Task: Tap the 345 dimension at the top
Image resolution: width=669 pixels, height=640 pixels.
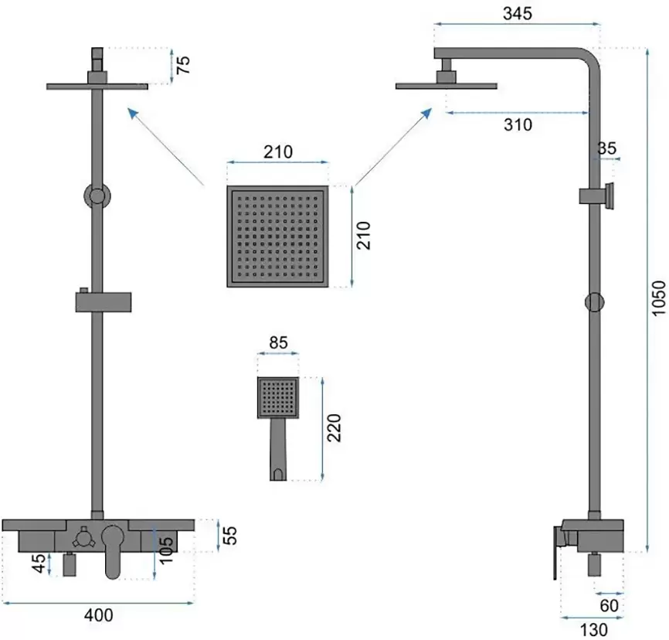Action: [518, 14]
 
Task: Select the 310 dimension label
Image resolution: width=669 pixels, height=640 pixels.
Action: [518, 124]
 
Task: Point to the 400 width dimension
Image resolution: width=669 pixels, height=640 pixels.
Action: [99, 615]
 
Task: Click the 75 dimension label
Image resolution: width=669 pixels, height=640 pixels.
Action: [183, 65]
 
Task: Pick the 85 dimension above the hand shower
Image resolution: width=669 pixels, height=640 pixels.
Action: [278, 343]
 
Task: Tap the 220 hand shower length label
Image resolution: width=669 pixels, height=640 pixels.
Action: [334, 427]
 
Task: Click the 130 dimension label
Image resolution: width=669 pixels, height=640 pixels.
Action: [593, 630]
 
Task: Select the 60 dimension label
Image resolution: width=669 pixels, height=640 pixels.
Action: [609, 606]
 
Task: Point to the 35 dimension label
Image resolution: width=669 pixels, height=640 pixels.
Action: [606, 148]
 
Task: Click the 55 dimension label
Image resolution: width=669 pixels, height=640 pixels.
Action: [229, 536]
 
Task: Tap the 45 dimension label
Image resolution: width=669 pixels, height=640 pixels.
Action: [39, 563]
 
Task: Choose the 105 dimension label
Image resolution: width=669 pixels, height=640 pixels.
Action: [166, 550]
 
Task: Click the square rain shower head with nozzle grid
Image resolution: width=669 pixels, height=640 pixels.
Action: [278, 236]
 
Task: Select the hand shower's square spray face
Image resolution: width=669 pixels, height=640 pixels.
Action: [278, 398]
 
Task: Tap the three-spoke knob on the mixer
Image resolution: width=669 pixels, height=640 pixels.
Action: [81, 536]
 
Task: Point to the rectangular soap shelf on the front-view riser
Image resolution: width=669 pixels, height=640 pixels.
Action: [104, 302]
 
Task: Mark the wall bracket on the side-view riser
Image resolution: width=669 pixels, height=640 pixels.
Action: [596, 196]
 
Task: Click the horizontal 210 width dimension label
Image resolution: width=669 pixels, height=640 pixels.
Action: [278, 152]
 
